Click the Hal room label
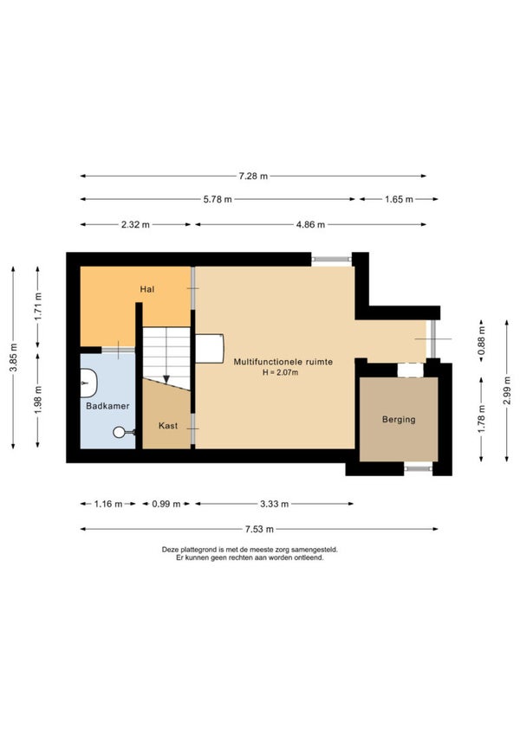tap(146, 289)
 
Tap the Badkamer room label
tap(107, 406)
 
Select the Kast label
tap(168, 426)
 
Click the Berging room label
tap(399, 420)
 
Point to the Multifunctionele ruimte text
tap(283, 362)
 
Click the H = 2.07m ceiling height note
tap(281, 372)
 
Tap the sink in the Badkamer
tap(88, 383)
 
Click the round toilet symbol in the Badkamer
tap(119, 432)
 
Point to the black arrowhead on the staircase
tap(166, 379)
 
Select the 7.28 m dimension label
tap(253, 176)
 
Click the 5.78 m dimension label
tap(218, 199)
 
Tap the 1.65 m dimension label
tap(399, 199)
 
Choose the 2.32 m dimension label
tap(135, 225)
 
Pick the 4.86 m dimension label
tap(310, 225)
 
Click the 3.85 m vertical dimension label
tap(14, 357)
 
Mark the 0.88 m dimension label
tap(481, 341)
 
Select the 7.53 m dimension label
tap(259, 530)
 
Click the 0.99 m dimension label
tap(166, 504)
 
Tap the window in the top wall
tap(332, 259)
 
